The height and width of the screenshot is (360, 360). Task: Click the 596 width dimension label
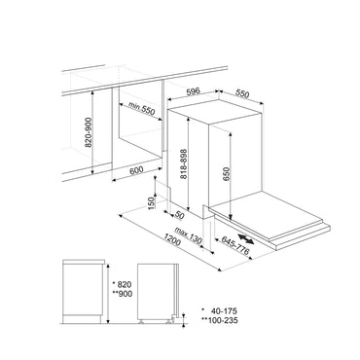point(194,91)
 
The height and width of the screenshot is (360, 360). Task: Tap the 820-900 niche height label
point(89,132)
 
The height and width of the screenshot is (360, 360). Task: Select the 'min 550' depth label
point(141,109)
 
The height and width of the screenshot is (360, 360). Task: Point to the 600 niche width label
point(136,170)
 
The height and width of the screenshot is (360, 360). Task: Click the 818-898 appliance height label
point(184,163)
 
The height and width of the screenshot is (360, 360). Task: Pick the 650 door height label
point(226,176)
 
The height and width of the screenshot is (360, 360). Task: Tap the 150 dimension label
point(152,202)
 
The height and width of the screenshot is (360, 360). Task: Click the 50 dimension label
point(179,215)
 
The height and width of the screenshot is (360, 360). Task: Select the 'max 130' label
point(188,235)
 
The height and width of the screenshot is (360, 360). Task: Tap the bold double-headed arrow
point(245,237)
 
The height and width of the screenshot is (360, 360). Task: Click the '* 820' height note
point(122,284)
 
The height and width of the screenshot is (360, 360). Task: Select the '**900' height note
point(122,294)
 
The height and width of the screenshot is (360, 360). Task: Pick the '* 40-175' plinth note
point(220,310)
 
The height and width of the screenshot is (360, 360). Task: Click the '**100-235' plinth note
point(220,320)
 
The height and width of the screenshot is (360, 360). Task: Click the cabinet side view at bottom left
point(84,291)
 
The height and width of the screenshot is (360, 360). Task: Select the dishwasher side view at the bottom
point(159,292)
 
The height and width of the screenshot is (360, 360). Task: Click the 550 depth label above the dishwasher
point(242,93)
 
